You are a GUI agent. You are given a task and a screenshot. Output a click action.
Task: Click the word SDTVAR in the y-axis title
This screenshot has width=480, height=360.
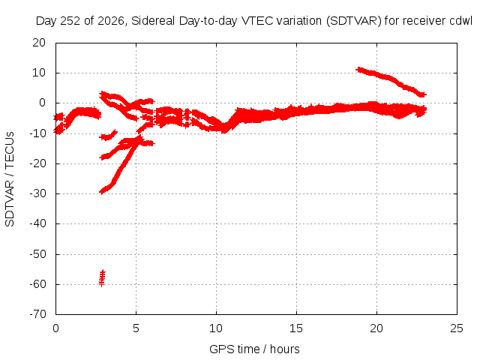[x=10, y=203]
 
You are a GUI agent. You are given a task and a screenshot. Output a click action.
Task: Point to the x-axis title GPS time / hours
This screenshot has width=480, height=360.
[x=254, y=349]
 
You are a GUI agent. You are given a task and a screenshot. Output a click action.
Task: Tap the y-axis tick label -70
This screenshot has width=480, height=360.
[x=37, y=314]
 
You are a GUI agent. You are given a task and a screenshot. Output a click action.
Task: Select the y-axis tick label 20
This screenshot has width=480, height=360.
[x=39, y=43]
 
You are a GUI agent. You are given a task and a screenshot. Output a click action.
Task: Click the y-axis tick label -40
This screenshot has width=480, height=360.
[x=37, y=223]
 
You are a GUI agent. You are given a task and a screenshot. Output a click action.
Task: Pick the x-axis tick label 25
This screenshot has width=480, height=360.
[x=457, y=328]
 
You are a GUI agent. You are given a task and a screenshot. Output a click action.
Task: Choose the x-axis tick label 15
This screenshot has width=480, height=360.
[x=296, y=328]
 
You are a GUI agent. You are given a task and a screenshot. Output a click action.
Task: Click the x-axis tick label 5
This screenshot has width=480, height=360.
[x=136, y=328]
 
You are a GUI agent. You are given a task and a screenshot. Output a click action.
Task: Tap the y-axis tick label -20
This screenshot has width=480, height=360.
[x=37, y=163]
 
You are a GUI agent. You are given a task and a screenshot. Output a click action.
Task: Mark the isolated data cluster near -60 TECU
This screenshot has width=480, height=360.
[x=102, y=278]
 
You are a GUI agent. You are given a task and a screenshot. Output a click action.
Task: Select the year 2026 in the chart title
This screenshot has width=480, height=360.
[x=110, y=21]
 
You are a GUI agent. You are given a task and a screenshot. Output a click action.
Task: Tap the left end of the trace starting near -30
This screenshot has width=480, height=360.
[x=102, y=192]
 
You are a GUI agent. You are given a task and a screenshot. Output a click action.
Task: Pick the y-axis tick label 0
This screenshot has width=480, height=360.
[x=42, y=103]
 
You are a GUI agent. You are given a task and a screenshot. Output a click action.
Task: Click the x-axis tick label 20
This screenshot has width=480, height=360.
[x=376, y=328]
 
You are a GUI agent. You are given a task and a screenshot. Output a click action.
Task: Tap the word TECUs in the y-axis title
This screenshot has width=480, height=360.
[x=10, y=149]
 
